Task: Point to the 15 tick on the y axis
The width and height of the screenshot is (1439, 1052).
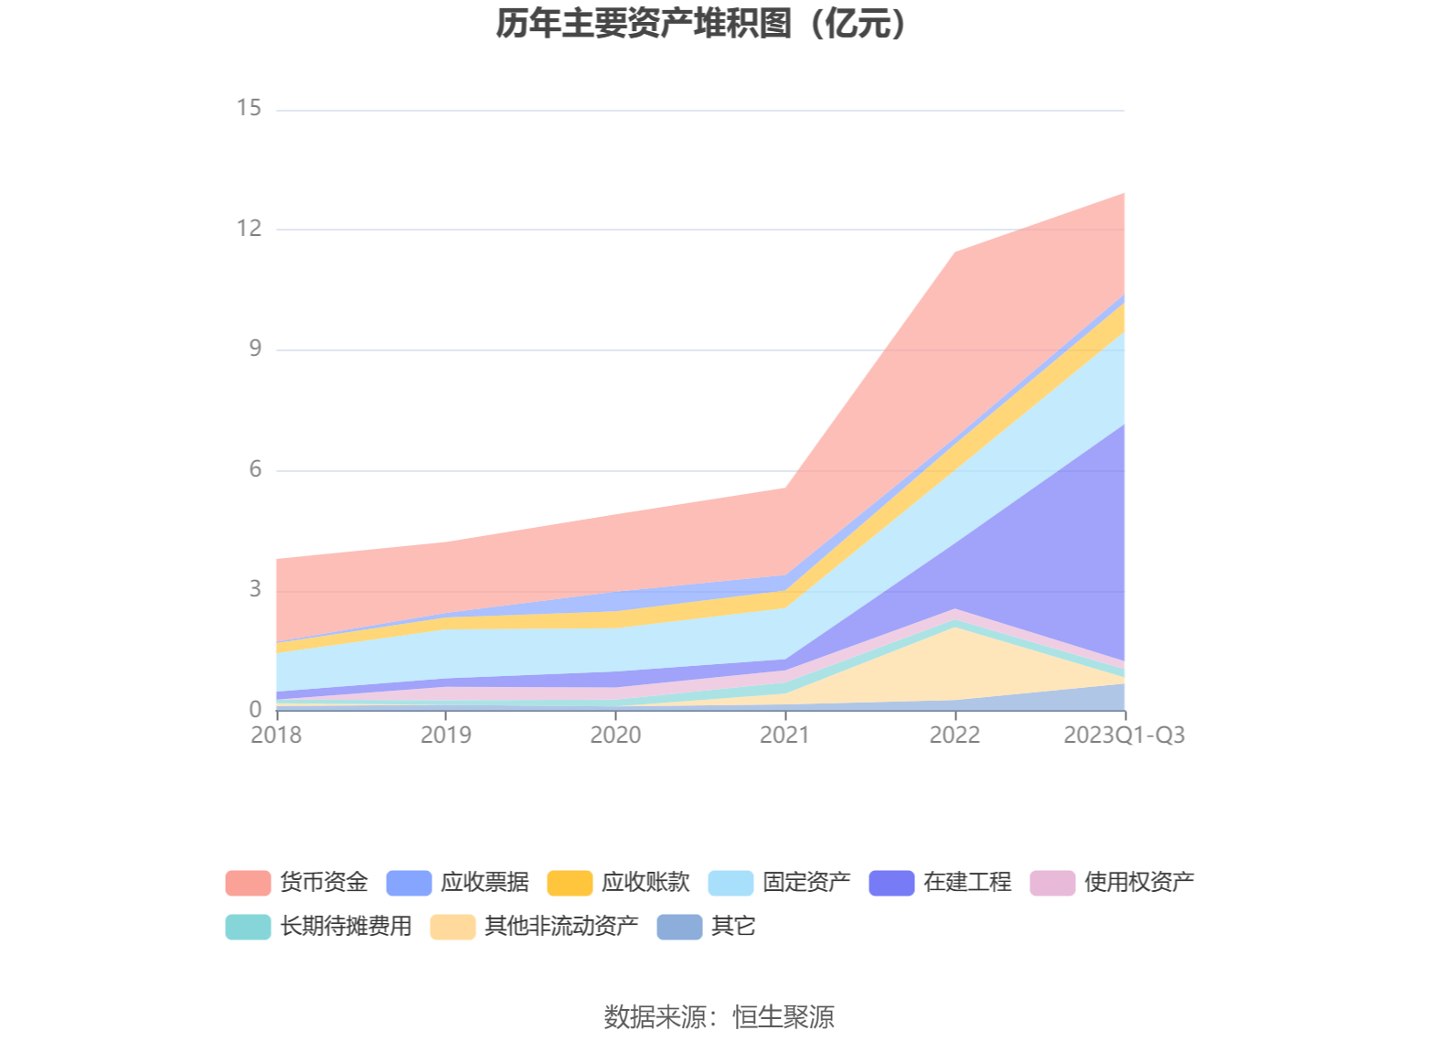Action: [249, 108]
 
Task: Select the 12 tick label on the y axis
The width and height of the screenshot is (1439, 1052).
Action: [249, 229]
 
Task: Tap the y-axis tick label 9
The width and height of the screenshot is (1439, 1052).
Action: [255, 349]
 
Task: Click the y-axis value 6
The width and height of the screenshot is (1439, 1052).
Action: [255, 469]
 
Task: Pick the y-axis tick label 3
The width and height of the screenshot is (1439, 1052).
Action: [255, 589]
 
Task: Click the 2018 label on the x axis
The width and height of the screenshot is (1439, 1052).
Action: [276, 735]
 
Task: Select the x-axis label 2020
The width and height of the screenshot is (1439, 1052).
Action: [615, 735]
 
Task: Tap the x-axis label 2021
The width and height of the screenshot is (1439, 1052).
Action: [785, 735]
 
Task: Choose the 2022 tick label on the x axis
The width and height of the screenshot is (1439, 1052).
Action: [954, 735]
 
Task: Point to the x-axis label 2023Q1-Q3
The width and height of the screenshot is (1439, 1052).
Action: [1124, 735]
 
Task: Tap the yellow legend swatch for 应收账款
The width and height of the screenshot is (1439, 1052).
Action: [570, 883]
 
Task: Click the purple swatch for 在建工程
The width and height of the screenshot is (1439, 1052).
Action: [891, 883]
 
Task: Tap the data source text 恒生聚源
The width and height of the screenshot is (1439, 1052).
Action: [783, 1016]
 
